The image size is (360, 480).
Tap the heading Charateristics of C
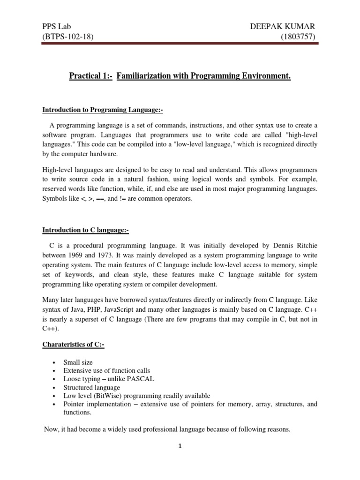click(x=74, y=345)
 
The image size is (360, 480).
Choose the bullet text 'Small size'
click(x=78, y=362)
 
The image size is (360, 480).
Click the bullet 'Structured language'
click(x=92, y=387)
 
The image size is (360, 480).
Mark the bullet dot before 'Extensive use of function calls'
click(x=55, y=371)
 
